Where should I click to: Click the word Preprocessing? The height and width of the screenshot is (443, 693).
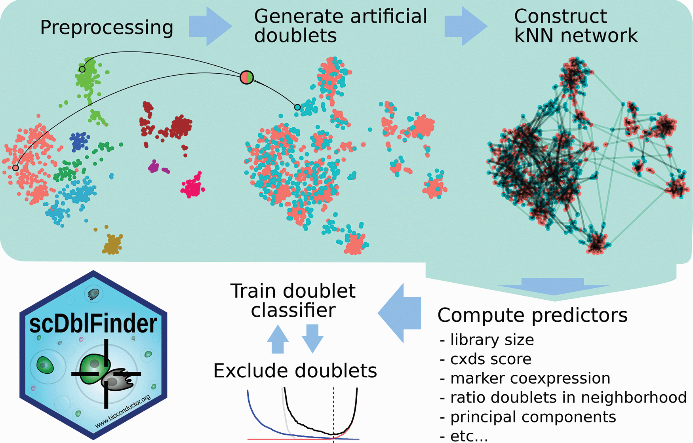(107, 28)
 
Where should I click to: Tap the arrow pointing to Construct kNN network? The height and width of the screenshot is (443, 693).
(465, 27)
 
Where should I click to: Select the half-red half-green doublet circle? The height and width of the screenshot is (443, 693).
(247, 77)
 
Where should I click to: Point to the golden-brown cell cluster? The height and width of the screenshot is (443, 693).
(113, 244)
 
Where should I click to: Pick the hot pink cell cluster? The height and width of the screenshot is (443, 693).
(193, 186)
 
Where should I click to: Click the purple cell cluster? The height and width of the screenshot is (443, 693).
(154, 167)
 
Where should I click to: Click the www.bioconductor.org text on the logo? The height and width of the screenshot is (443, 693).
(123, 412)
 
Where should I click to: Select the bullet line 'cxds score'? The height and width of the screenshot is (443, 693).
(490, 359)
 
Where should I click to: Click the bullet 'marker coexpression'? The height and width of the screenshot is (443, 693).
(530, 378)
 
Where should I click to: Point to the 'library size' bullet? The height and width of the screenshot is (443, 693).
(492, 340)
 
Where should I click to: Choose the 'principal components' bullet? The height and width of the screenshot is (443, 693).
(533, 417)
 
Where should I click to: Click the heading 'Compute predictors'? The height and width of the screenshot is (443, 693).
(532, 316)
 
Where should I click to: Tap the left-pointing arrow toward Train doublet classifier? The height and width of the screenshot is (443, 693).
(400, 313)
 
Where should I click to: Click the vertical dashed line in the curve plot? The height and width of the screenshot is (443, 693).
(333, 412)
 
